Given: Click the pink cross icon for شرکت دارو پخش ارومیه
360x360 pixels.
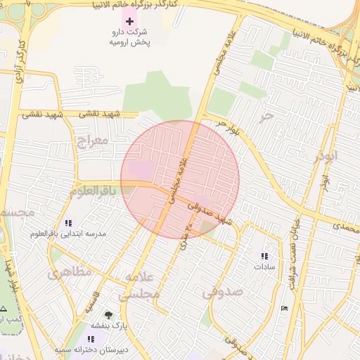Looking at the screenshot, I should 129,21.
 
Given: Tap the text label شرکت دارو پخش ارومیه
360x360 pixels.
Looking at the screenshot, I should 130,37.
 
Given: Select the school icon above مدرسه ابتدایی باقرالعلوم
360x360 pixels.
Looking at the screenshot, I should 68,223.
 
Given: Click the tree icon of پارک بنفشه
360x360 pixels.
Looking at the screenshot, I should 108,315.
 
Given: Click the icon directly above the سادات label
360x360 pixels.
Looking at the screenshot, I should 264,257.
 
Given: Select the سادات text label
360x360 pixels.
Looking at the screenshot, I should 264,267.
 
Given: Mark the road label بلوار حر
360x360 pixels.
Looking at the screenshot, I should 229,127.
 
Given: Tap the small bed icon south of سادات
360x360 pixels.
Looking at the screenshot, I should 284,309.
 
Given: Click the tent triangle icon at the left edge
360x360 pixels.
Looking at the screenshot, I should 4,309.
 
